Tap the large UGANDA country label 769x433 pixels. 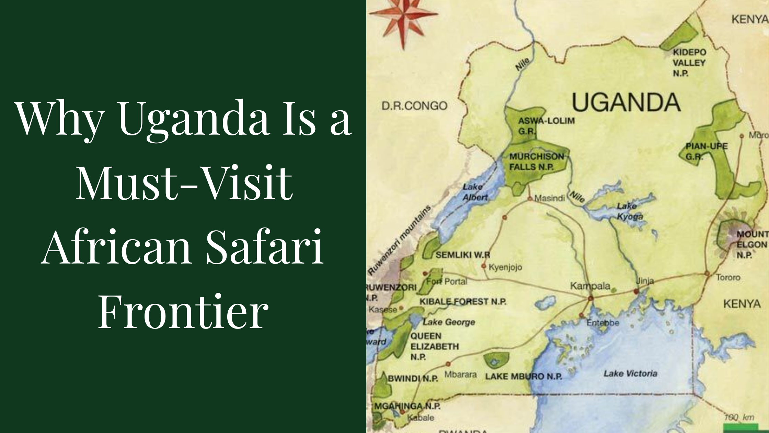click(x=626, y=102)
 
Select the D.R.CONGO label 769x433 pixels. click(x=414, y=106)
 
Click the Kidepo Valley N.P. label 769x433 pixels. click(x=689, y=63)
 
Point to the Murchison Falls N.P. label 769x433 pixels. click(x=536, y=162)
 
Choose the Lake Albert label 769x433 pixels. click(x=475, y=192)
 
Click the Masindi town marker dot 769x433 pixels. click(x=530, y=198)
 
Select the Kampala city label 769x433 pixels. click(x=590, y=286)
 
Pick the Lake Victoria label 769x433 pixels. click(x=630, y=373)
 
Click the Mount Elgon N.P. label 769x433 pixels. click(x=752, y=244)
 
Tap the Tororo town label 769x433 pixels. click(x=728, y=277)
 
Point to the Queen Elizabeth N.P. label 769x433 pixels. click(x=434, y=346)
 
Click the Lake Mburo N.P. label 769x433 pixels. click(x=524, y=377)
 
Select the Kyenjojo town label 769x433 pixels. click(x=505, y=267)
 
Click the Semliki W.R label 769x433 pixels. click(x=463, y=255)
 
